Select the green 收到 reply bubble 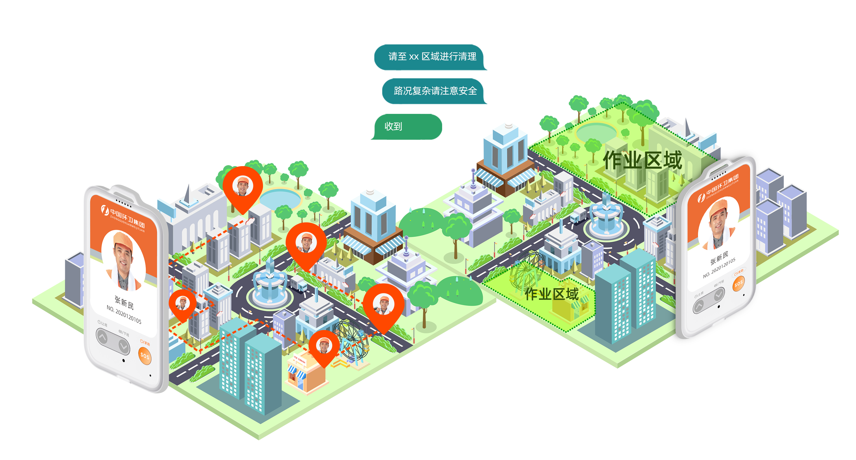point(405,127)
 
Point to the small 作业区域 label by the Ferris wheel point(552,294)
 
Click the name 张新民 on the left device point(124,302)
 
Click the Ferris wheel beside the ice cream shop point(351,341)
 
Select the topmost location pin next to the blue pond point(243,188)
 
